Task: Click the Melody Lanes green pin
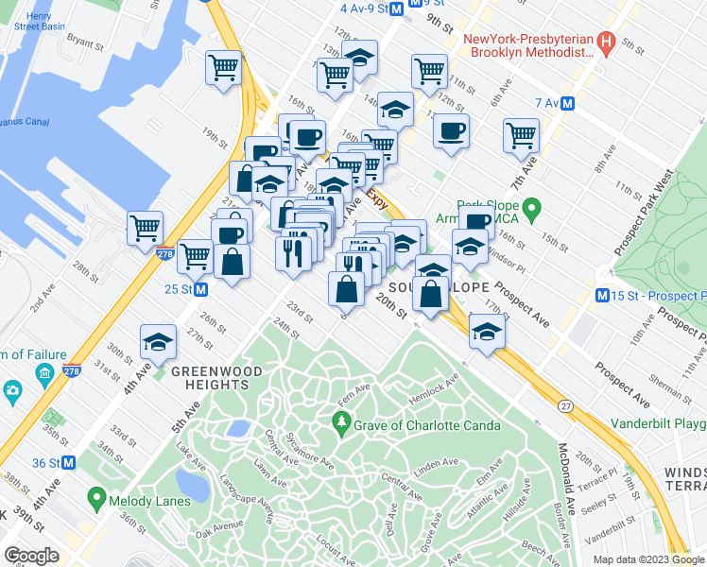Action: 95,496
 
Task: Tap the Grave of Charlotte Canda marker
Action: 342,424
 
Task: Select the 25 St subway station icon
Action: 201,289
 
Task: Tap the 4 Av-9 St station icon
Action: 397,9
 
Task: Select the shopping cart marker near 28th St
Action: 146,227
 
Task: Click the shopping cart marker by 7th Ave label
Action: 521,135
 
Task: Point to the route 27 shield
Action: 565,405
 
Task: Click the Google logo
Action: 31,555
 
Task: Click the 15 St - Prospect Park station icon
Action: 602,297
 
